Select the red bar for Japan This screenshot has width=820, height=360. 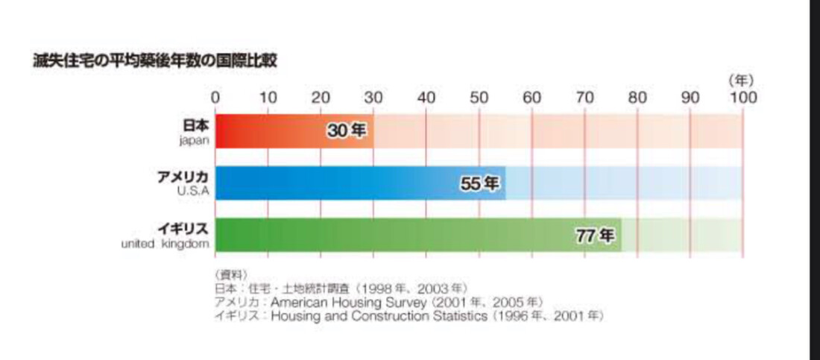click(x=268, y=131)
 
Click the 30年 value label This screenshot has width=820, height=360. click(x=347, y=131)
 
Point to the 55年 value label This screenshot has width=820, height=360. click(x=479, y=183)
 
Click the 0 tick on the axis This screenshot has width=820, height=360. click(x=215, y=98)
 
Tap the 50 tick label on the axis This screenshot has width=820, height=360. click(x=479, y=98)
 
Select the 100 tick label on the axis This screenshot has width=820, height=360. click(x=743, y=98)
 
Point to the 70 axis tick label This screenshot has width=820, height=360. click(x=584, y=98)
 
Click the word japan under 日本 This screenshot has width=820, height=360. click(x=193, y=139)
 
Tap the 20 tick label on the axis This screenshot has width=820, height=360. click(x=321, y=98)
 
